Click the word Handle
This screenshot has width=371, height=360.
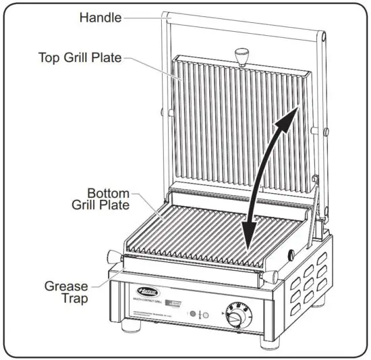click(102, 16)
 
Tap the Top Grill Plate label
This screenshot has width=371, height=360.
click(80, 57)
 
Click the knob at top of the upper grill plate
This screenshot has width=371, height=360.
click(241, 53)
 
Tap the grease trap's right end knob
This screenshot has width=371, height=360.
click(272, 277)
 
